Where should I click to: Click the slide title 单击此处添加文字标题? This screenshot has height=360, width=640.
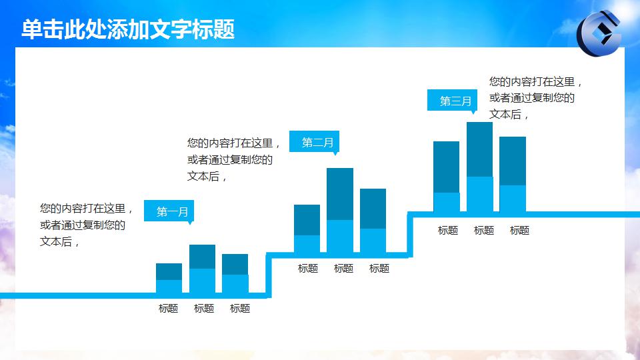point(128,30)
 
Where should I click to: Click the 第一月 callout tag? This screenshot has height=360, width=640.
point(172,212)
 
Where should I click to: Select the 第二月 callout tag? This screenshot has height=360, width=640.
point(317,142)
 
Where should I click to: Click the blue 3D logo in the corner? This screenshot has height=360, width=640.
point(598,33)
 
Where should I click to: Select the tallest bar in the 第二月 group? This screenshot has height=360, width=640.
point(340,210)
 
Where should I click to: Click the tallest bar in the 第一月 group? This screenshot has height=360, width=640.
point(202,269)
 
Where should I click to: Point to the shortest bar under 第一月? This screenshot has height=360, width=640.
point(169,278)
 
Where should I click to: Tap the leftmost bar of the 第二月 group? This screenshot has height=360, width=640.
point(307,229)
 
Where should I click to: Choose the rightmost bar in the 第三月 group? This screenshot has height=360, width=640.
point(513,174)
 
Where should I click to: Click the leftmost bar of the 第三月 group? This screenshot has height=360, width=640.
point(446,177)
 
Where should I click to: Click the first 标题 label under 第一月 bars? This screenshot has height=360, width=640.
point(168,309)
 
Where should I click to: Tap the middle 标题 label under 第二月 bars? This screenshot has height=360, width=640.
point(343,269)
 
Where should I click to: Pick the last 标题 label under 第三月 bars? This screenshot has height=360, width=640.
point(519,231)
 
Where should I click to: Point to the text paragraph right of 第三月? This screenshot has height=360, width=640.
point(536,98)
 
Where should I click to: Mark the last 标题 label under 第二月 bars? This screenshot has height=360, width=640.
point(379,269)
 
